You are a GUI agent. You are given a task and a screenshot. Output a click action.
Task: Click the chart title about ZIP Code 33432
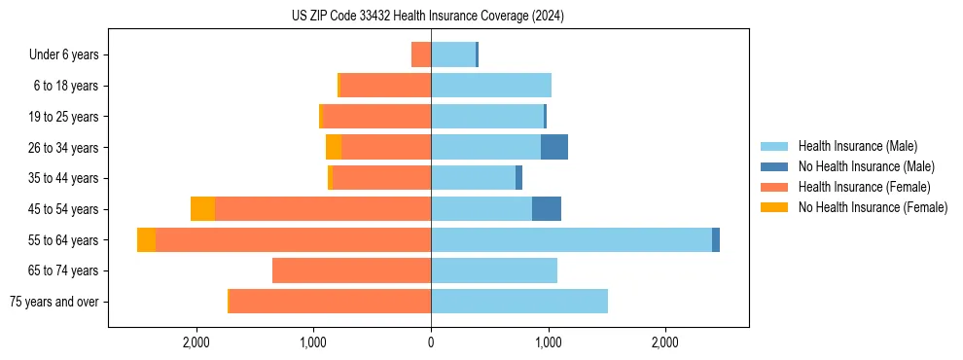click(427, 17)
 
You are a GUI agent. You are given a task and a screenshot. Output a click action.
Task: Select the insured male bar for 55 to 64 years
click(571, 239)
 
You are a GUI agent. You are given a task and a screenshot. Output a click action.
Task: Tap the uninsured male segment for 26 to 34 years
click(554, 147)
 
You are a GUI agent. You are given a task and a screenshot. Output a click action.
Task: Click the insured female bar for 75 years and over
click(330, 302)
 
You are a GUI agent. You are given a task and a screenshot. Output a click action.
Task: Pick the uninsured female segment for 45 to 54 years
click(202, 209)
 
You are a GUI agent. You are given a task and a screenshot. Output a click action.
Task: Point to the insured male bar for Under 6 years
click(452, 54)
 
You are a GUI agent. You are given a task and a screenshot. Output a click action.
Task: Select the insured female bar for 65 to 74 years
click(351, 270)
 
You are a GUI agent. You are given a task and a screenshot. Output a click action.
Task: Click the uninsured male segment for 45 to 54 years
click(547, 209)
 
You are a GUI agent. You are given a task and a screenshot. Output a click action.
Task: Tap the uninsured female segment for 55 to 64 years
click(146, 239)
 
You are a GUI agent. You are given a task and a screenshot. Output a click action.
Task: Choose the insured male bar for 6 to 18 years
click(491, 86)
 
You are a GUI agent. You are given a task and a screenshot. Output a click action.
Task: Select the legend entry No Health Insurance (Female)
click(873, 207)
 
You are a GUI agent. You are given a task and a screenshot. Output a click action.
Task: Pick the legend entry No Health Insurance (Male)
click(866, 166)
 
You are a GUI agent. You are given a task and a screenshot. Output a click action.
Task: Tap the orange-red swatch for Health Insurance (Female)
click(774, 187)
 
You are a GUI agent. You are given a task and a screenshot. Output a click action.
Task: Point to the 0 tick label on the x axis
click(431, 342)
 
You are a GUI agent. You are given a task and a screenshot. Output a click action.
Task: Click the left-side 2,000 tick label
click(196, 342)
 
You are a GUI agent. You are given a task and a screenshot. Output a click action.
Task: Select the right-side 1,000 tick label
click(548, 342)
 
